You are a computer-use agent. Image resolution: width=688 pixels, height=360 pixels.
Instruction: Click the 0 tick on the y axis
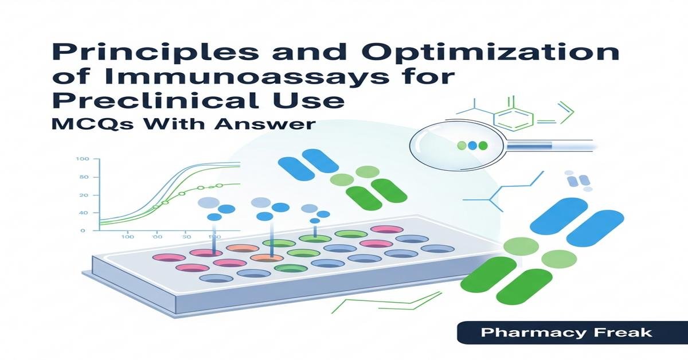tap(83, 230)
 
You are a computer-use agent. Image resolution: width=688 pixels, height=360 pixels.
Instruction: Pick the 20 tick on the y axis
tap(83, 195)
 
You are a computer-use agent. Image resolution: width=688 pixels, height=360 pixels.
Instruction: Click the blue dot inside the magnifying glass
tap(472, 146)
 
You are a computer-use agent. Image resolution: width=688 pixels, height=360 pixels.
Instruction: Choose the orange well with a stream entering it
tap(267, 258)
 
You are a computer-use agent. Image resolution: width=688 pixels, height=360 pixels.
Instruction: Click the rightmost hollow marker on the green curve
tap(219, 186)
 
